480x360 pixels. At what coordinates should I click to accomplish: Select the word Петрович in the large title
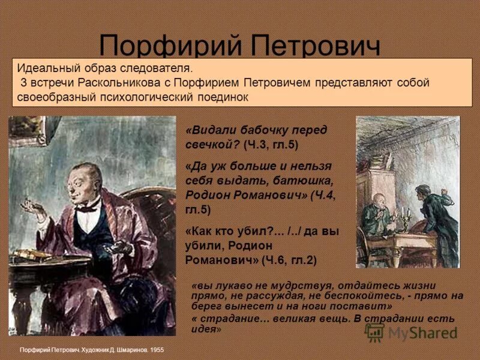point(316,47)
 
